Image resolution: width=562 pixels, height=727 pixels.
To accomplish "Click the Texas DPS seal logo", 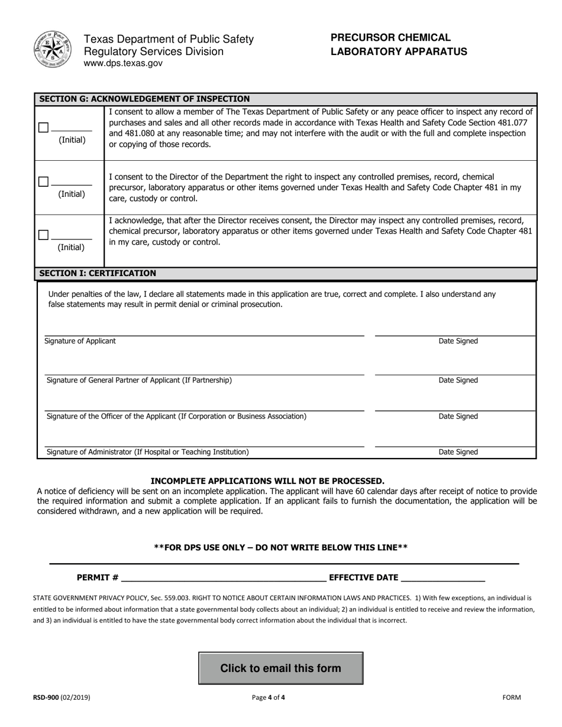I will point(52,50).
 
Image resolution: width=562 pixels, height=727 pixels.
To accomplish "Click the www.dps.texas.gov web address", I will point(123,63).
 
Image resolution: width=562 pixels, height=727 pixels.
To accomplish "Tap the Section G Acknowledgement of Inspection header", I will point(144,99).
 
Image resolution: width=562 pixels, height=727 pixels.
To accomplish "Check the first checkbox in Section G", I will point(43,128).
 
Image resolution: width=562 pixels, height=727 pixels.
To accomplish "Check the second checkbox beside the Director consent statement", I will point(43,181).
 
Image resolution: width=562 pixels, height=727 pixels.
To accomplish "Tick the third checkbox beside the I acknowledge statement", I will point(43,235).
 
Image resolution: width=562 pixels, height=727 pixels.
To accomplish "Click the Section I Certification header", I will point(98,273).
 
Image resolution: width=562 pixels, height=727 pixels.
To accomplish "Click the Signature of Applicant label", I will point(80,341).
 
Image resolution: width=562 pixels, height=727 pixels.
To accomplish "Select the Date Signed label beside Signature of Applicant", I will point(458,341).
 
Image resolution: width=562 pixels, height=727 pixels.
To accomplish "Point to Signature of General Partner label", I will point(139,380).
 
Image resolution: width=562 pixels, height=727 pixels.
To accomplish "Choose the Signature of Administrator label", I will point(147,452).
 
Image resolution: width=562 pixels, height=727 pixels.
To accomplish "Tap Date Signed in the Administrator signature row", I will point(458,452).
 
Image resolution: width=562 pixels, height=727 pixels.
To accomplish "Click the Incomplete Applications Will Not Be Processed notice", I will point(267,481).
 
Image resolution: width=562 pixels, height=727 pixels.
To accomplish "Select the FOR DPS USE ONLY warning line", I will point(280,547).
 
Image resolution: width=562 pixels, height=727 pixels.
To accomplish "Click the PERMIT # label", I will point(98,577).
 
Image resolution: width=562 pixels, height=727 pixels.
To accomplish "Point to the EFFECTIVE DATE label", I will point(363,577).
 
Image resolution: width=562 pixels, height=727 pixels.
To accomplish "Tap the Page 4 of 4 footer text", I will point(268,697).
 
